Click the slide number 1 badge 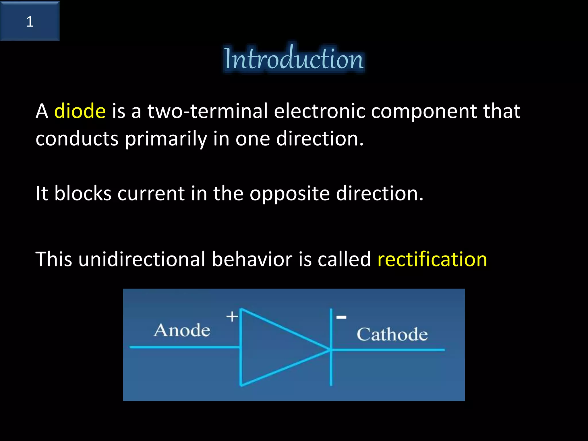coord(30,21)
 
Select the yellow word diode coord(80,111)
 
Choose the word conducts coord(77,139)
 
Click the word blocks coord(83,193)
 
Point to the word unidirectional coord(142,259)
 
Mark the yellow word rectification coord(432,259)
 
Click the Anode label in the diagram coord(182,330)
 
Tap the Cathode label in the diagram coord(392,334)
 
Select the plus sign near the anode coord(232,317)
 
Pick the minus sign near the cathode coord(341,317)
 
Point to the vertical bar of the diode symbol coord(331,370)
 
